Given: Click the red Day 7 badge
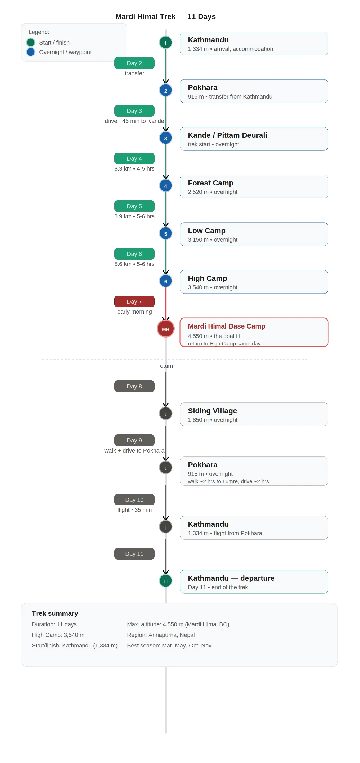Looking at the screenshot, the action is click(134, 301).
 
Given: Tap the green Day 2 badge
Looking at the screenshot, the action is click(134, 63).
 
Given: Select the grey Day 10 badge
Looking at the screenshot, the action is click(134, 499).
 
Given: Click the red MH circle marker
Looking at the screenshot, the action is click(165, 329).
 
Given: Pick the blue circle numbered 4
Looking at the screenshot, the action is click(165, 186).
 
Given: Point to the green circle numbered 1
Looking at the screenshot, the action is click(165, 43).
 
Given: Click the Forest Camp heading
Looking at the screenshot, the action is click(210, 183).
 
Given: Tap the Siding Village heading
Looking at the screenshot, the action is click(212, 411).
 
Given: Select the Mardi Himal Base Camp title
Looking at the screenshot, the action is click(227, 326).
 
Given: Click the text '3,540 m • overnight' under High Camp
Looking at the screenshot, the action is click(213, 287).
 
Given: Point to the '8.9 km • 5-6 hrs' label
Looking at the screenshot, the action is click(134, 216).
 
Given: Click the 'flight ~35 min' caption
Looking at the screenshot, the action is click(134, 510).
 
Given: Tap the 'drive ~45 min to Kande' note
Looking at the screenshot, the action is click(134, 121).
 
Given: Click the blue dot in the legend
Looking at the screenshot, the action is click(30, 52).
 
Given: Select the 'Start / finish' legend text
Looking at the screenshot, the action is click(54, 42).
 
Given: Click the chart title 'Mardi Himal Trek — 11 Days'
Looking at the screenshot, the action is click(165, 17).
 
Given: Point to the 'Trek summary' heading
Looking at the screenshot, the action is click(55, 613).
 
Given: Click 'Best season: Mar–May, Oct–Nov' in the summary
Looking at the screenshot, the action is click(169, 645).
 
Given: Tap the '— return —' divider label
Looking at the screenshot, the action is click(165, 366).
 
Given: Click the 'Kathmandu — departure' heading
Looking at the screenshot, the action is click(231, 578).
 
